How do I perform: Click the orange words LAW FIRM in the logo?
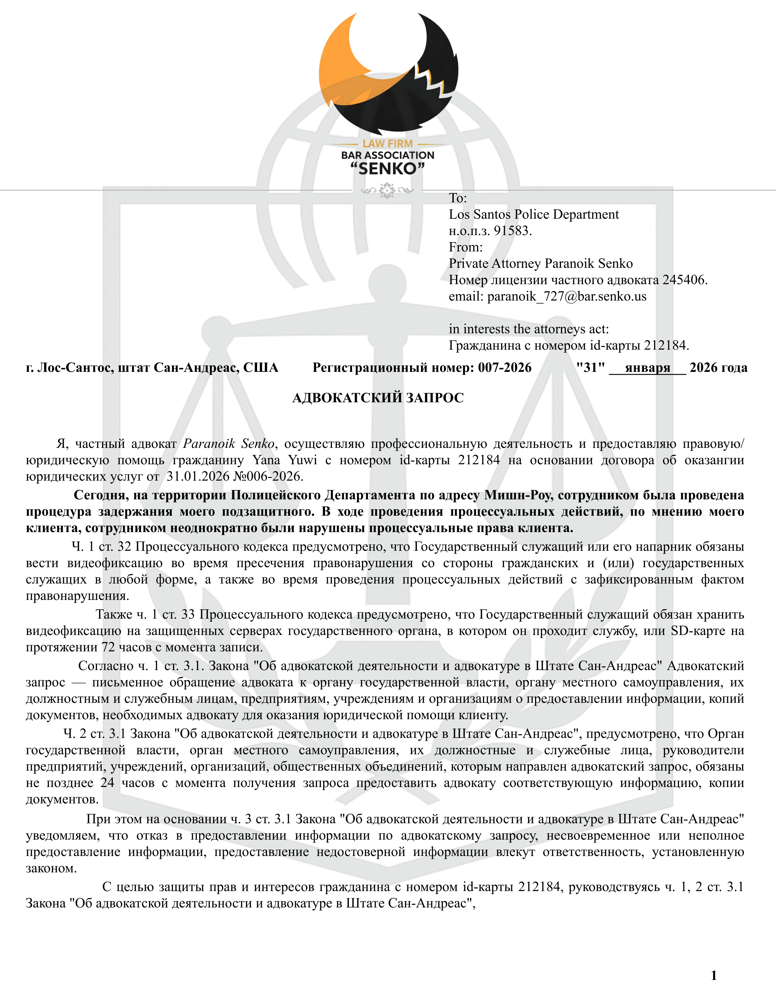(387, 144)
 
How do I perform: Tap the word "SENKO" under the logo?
(387, 169)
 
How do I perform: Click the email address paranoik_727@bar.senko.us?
(567, 296)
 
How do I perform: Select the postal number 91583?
(512, 231)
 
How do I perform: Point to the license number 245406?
(684, 280)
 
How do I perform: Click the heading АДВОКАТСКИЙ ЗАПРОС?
(378, 398)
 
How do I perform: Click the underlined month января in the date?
(647, 368)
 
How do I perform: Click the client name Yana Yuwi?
(285, 460)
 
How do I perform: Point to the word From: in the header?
(465, 247)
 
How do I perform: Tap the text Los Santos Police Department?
(534, 215)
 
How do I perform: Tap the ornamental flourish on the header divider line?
(387, 190)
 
